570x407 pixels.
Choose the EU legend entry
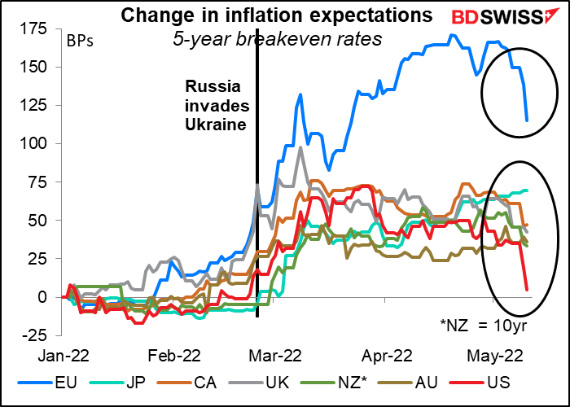coord(49,384)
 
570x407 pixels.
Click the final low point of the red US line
coord(527,289)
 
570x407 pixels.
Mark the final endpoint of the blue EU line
coord(527,120)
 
